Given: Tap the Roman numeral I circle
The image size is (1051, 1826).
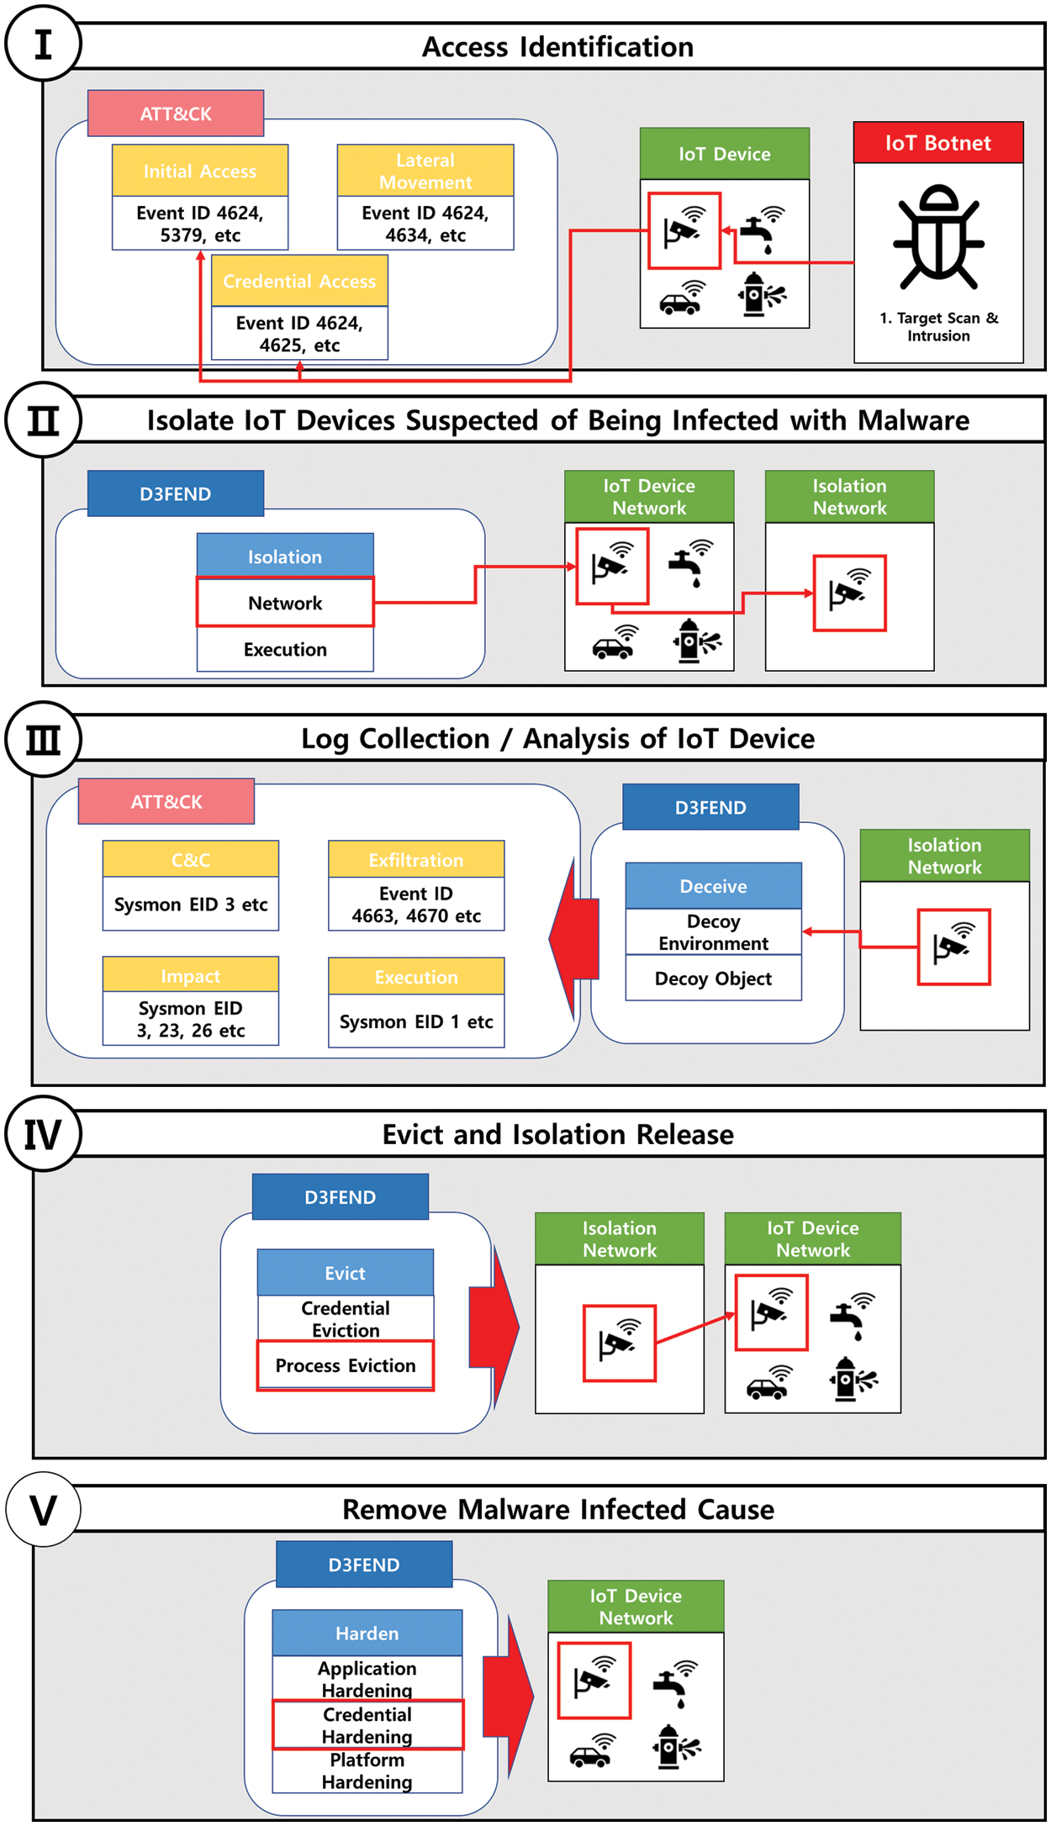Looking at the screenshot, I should coord(43,44).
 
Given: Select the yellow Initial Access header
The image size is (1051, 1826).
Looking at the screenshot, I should coord(200,171).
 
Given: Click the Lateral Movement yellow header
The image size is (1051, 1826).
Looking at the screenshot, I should coord(425,171).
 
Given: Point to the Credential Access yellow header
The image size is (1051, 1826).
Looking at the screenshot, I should coord(299,281).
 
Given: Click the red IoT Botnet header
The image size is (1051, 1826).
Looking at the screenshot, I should coord(938,143).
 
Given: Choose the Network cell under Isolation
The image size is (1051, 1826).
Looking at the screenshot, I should coord(285,603).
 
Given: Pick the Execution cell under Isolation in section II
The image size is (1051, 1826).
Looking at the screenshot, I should coord(285,649).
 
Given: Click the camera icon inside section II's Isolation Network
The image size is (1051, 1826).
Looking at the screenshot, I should coord(849,592).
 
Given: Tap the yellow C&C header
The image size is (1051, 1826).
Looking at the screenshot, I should coord(191,859).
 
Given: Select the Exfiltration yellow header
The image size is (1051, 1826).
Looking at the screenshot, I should coord(416,859).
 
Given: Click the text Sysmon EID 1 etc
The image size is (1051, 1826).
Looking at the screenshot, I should coord(416,1021).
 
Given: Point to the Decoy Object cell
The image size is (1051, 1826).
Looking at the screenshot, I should coord(713,979).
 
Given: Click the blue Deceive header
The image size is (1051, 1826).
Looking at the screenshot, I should coord(713,886).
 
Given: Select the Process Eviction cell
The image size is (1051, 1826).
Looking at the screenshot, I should coord(346,1365).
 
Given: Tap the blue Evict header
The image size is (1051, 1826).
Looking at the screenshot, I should coord(346,1273).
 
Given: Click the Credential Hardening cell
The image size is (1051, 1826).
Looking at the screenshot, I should coord(367,1724).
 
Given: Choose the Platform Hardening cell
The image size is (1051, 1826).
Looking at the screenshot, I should coord(367,1771).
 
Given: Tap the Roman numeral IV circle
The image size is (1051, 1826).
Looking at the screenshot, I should coord(43,1134).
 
